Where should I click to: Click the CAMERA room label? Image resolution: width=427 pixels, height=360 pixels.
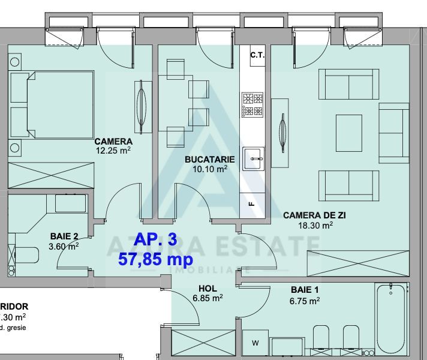click(113, 142)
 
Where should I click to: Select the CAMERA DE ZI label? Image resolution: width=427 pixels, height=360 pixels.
click(314, 215)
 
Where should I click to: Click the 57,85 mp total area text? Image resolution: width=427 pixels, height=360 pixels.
click(155, 259)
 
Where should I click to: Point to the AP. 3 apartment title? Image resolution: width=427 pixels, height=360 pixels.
click(155, 240)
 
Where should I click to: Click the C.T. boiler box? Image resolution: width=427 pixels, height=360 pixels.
click(257, 55)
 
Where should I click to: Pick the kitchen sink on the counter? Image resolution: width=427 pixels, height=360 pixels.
click(253, 159)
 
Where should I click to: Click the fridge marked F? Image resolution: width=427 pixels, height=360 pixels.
click(252, 202)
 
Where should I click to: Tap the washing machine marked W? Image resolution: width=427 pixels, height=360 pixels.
click(255, 344)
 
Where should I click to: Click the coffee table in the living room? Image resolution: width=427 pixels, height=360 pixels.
click(348, 134)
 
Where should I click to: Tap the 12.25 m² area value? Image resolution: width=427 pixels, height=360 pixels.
click(113, 151)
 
